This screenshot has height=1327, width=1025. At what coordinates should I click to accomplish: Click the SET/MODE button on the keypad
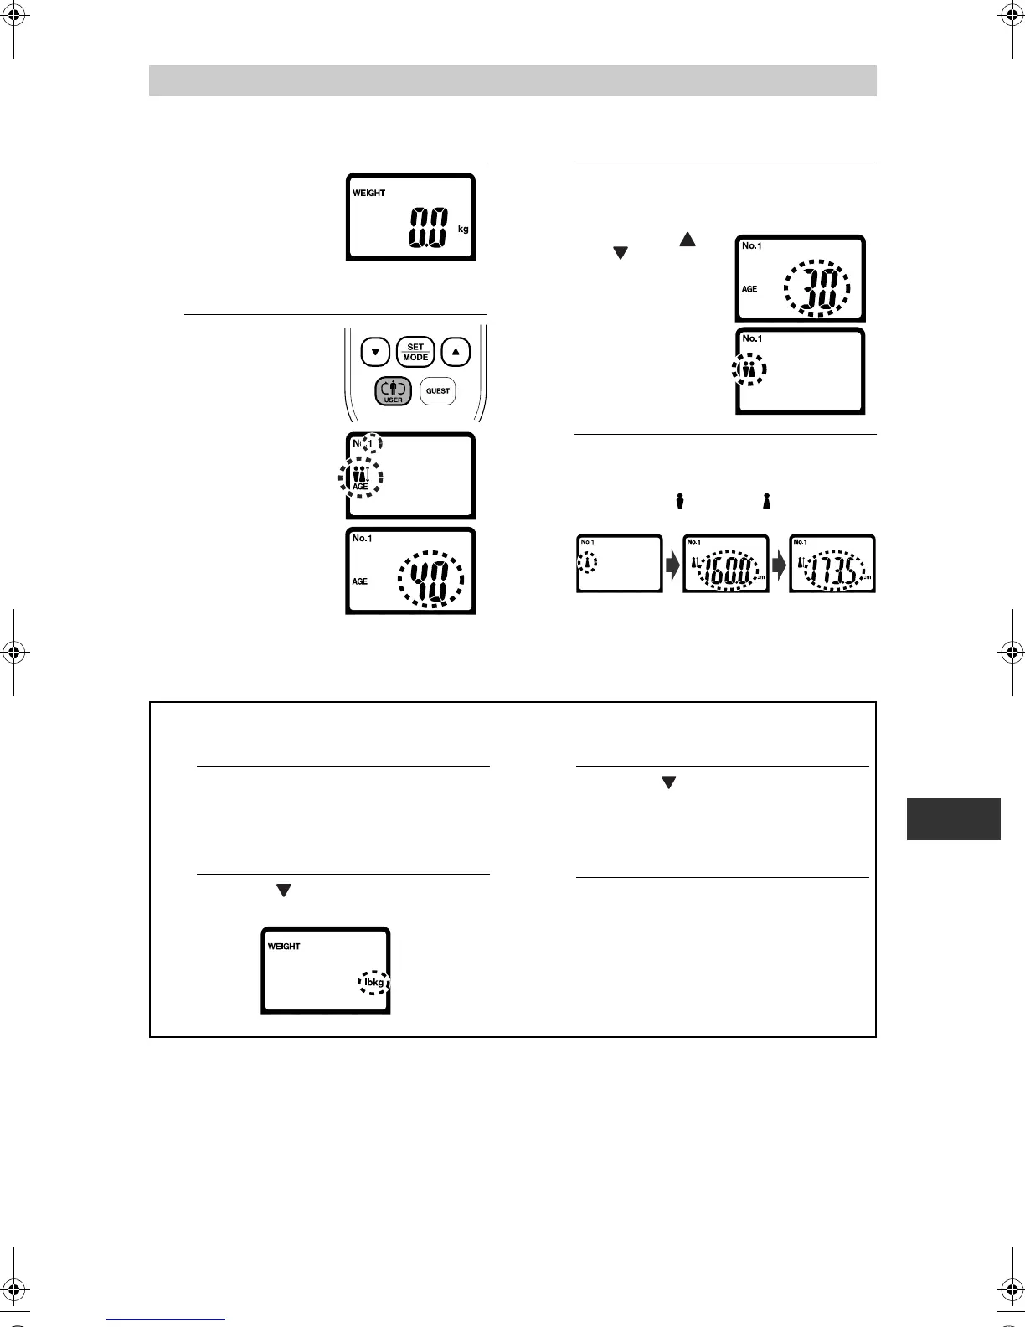coord(415,352)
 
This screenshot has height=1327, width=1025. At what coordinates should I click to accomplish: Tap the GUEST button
coord(438,390)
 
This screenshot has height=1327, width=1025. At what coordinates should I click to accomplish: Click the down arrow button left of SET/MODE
coord(375,352)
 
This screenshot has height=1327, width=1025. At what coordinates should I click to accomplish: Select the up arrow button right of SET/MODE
coord(456,352)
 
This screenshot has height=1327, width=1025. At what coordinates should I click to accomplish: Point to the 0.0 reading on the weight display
coord(427,227)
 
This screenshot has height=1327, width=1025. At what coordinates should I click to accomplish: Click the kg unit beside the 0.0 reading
coord(463,229)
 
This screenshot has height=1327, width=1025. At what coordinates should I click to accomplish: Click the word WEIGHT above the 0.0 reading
coord(368,193)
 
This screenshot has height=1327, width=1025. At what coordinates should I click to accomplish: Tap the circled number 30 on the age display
coord(816,289)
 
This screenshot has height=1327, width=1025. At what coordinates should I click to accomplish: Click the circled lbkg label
coord(374,982)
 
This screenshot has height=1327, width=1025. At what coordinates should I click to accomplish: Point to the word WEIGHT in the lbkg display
coord(284,947)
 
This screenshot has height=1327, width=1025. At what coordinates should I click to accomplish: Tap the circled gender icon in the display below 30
coord(749,369)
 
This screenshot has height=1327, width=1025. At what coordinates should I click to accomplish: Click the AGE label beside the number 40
coord(360,581)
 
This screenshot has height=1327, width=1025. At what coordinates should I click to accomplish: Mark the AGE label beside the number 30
coord(749,289)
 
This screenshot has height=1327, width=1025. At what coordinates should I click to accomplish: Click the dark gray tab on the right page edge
coord(953,818)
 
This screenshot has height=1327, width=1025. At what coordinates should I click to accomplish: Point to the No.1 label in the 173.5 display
coord(800,542)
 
